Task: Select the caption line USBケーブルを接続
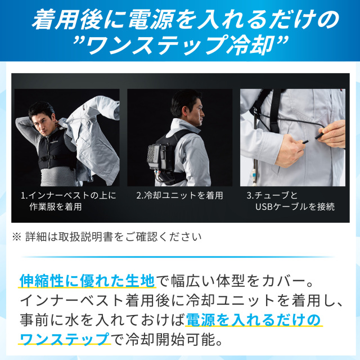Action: click(295, 206)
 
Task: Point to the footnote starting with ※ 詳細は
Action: click(107, 236)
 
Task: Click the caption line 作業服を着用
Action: click(55, 206)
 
